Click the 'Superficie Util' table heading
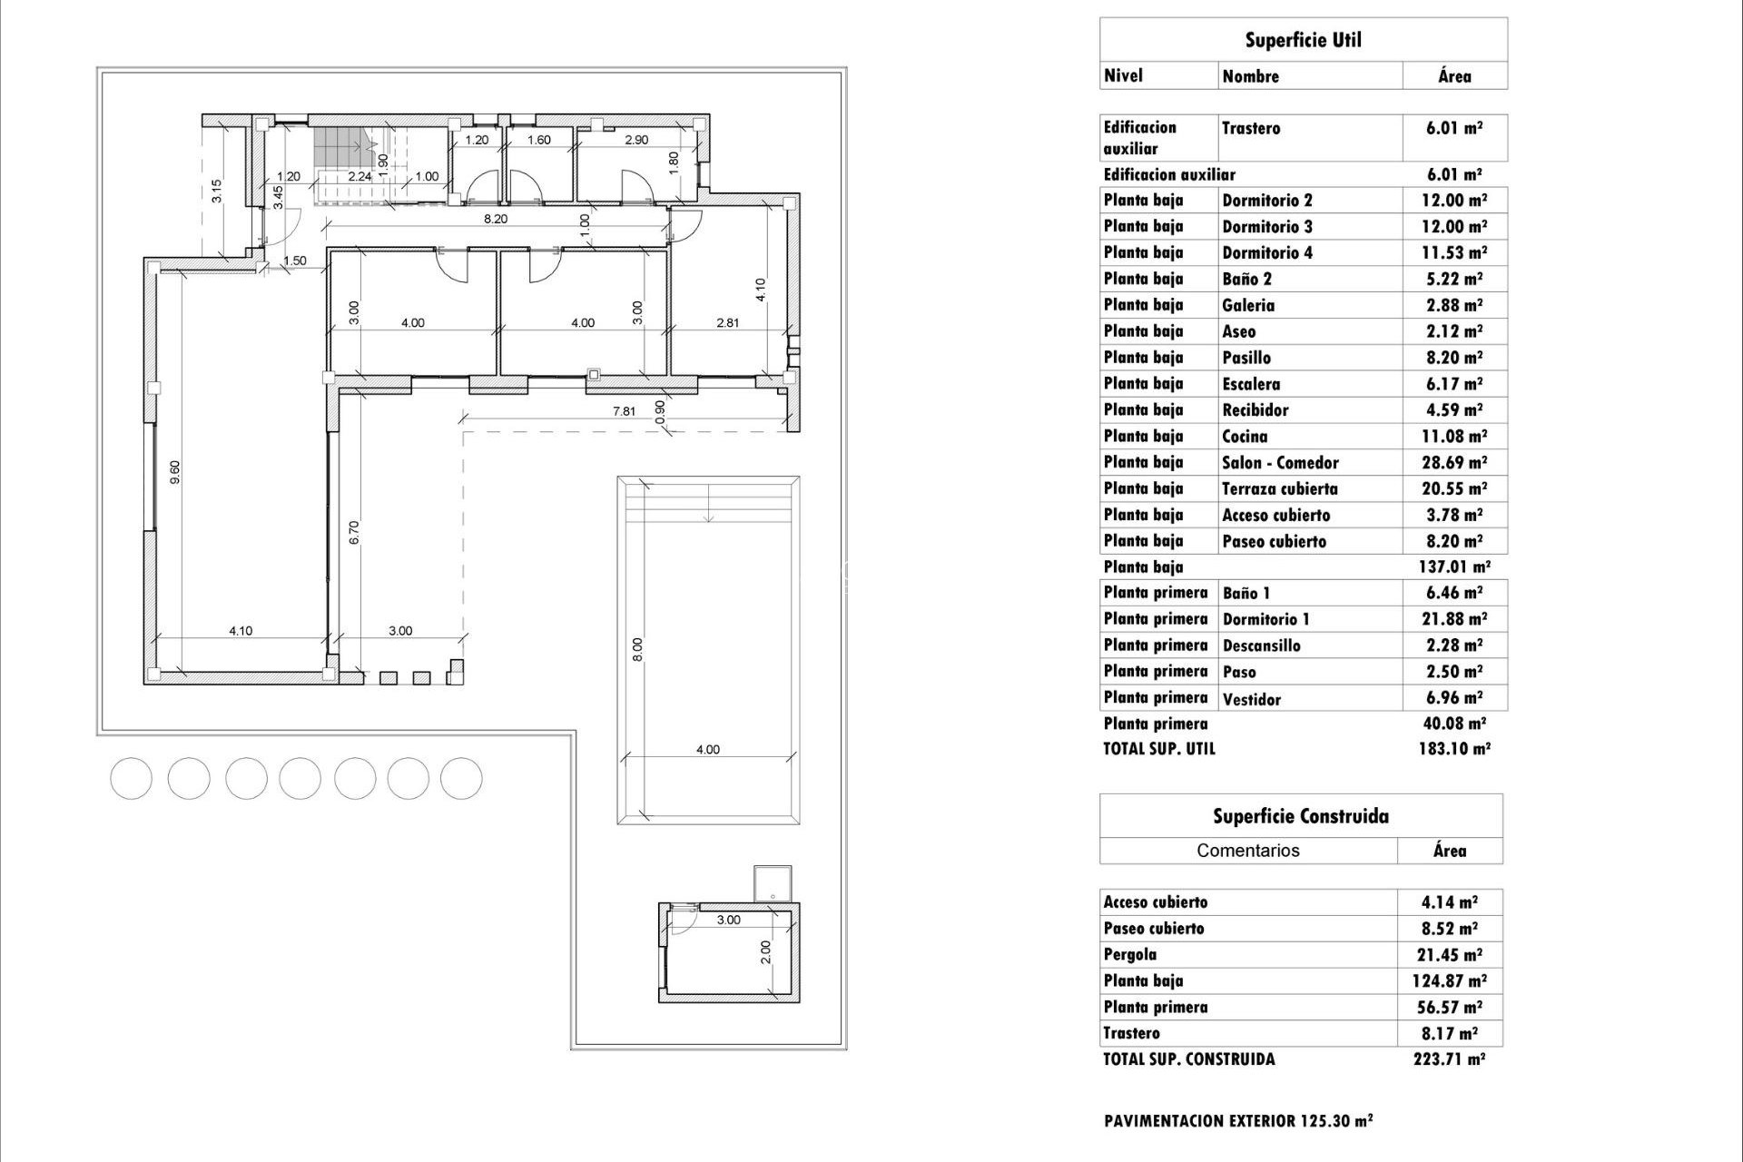pyautogui.click(x=1303, y=40)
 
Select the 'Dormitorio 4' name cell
pyautogui.click(x=1267, y=253)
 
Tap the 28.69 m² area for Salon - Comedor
pyautogui.click(x=1453, y=462)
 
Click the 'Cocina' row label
pyautogui.click(x=1245, y=437)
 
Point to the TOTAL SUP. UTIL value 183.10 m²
pyautogui.click(x=1453, y=749)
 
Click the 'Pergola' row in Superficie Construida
pyautogui.click(x=1130, y=954)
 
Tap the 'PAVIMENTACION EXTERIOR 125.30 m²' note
pyautogui.click(x=1238, y=1121)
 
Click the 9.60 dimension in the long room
pyautogui.click(x=175, y=472)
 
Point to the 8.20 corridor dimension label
pyautogui.click(x=495, y=219)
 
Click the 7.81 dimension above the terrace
pyautogui.click(x=624, y=411)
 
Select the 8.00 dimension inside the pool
pyautogui.click(x=637, y=649)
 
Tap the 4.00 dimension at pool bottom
pyautogui.click(x=707, y=750)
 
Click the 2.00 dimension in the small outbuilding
pyautogui.click(x=765, y=952)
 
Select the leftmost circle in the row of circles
pyautogui.click(x=132, y=778)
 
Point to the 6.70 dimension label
pyautogui.click(x=355, y=532)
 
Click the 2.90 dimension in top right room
pyautogui.click(x=636, y=140)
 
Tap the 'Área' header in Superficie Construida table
pyautogui.click(x=1449, y=851)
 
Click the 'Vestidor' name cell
pyautogui.click(x=1252, y=699)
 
